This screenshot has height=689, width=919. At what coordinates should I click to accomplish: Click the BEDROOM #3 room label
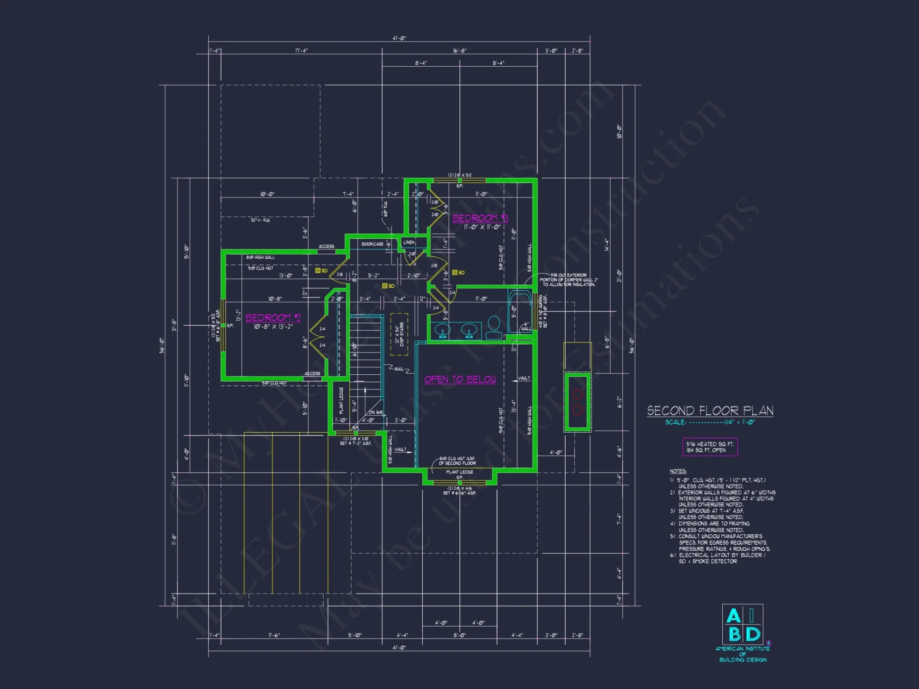click(480, 218)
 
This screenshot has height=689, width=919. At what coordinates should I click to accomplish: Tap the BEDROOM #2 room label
click(273, 317)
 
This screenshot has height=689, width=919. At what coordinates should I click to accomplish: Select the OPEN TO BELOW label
click(460, 379)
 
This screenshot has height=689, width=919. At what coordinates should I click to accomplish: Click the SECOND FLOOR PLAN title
click(710, 411)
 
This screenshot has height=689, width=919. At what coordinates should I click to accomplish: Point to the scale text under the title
click(710, 422)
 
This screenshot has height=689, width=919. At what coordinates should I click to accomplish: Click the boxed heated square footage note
click(710, 447)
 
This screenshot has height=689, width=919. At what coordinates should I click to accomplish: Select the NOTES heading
click(678, 471)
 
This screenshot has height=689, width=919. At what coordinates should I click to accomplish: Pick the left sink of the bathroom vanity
click(442, 330)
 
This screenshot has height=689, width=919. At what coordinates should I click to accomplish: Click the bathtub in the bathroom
click(520, 312)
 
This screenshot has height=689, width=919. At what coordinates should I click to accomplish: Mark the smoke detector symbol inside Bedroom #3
click(455, 272)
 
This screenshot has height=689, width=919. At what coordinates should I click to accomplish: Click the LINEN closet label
click(408, 242)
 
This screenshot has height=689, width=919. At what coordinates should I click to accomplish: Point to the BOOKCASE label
click(372, 244)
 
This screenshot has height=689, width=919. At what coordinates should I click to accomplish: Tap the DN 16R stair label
click(375, 412)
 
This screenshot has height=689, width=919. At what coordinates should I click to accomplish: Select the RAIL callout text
click(399, 369)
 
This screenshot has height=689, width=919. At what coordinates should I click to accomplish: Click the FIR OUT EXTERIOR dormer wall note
click(569, 280)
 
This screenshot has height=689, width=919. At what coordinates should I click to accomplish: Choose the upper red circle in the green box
click(578, 394)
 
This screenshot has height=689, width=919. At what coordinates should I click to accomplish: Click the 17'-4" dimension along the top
click(301, 51)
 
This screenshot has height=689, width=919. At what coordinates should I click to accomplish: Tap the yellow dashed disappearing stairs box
click(399, 334)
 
